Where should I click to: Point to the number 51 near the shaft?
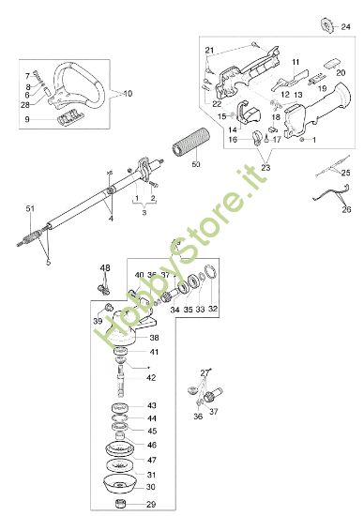click(29, 207)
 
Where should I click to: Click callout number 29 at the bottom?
click(151, 505)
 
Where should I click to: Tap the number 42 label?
click(151, 377)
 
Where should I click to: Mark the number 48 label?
click(105, 267)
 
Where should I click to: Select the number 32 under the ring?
click(213, 308)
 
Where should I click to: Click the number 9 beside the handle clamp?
click(27, 119)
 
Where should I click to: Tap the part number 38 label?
click(154, 337)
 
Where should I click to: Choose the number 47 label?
click(151, 462)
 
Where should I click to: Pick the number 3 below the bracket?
click(144, 214)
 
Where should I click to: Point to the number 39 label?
click(98, 320)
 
